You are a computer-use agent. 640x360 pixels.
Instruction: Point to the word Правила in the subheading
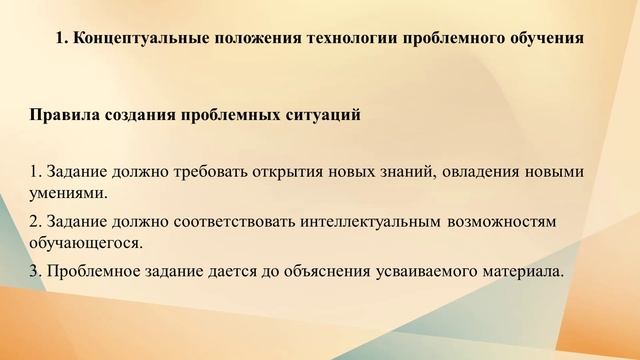click(x=62, y=115)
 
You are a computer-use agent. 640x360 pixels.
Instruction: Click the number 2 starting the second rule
click(x=35, y=222)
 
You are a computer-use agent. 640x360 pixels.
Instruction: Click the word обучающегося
click(x=86, y=243)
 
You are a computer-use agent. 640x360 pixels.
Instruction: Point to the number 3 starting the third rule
click(x=35, y=271)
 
